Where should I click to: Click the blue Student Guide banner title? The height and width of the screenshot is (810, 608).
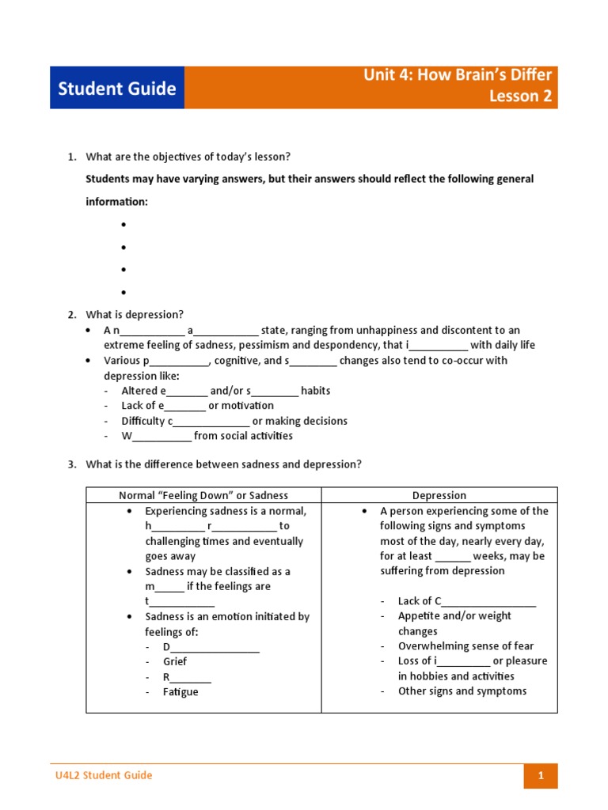tap(116, 89)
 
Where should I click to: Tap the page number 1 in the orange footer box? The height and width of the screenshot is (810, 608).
tap(541, 776)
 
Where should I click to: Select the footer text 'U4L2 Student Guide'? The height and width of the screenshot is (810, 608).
tap(98, 775)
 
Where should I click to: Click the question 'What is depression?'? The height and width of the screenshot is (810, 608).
tap(135, 314)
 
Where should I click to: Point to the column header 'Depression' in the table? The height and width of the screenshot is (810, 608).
tap(439, 495)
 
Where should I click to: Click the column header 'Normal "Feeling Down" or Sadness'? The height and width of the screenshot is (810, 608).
tap(203, 495)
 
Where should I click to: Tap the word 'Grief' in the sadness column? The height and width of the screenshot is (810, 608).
tap(175, 661)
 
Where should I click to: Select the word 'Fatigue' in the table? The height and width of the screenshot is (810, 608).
tap(180, 691)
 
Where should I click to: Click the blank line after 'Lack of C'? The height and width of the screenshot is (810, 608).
tap(488, 602)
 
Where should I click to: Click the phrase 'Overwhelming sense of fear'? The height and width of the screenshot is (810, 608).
tap(465, 645)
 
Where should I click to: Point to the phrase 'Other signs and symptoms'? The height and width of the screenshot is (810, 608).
tap(462, 691)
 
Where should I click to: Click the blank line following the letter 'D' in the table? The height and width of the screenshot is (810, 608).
tap(215, 648)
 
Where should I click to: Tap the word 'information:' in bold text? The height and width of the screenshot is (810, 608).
tap(116, 202)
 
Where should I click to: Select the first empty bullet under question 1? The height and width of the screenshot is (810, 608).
tap(124, 225)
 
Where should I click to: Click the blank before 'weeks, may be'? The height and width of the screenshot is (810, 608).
tap(452, 557)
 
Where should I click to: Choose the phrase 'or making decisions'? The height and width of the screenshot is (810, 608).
tap(299, 421)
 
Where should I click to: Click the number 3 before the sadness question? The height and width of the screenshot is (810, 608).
tap(71, 464)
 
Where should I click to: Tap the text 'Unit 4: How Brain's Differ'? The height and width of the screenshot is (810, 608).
tap(458, 75)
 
